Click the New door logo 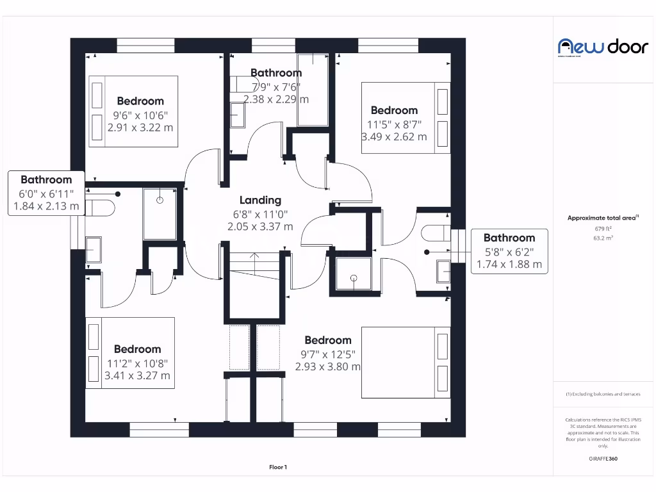click(603, 47)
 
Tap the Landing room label click(260, 201)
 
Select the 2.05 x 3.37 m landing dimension click(260, 226)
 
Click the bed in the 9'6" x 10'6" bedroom click(133, 111)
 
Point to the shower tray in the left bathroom click(160, 214)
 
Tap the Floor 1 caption click(278, 468)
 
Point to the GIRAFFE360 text click(603, 459)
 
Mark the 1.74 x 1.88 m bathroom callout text click(509, 264)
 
